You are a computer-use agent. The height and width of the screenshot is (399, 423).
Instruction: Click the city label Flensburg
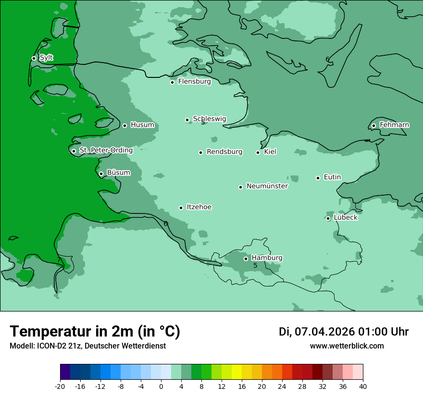(x=194, y=82)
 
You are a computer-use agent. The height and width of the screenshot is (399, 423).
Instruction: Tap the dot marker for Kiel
(x=258, y=152)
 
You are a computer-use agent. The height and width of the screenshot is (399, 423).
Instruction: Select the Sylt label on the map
(x=46, y=58)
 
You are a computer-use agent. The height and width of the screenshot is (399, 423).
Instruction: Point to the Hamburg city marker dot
(x=246, y=259)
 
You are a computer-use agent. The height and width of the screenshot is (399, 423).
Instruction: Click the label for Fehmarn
(x=394, y=125)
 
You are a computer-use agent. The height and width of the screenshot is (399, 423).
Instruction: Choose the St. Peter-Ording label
(x=106, y=150)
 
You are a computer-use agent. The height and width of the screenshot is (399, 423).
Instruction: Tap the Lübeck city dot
(x=328, y=218)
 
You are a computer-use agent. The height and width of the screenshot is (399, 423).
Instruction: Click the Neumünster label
(x=267, y=186)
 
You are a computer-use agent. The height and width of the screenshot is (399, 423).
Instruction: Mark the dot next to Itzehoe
(x=181, y=208)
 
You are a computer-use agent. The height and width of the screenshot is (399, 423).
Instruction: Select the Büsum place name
(x=118, y=173)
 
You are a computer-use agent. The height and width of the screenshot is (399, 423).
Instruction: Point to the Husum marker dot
(x=125, y=125)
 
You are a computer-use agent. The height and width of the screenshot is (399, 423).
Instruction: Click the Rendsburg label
(x=224, y=152)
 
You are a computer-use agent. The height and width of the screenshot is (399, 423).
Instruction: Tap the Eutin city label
(x=332, y=177)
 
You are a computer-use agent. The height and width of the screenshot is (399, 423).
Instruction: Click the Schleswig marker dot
(x=187, y=120)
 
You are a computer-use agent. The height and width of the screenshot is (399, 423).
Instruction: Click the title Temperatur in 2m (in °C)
(x=95, y=332)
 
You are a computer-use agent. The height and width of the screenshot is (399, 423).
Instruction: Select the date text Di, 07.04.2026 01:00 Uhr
(x=344, y=332)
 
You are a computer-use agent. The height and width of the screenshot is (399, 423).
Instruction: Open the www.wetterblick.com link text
(x=347, y=346)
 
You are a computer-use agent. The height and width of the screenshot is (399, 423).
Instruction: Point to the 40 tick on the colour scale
(x=363, y=387)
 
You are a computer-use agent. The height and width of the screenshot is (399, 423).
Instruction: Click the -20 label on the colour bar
(x=60, y=387)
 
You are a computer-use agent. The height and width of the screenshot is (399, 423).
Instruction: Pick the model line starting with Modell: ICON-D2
(x=87, y=346)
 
